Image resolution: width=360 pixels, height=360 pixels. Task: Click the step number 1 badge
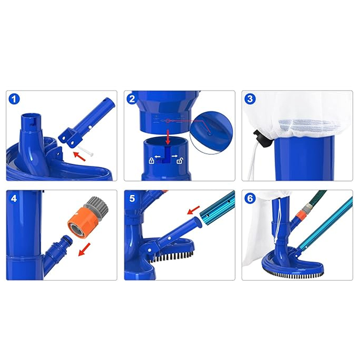tap(14, 99)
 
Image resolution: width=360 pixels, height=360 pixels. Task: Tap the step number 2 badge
tap(132, 99)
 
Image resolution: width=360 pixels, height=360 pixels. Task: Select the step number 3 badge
tap(250, 99)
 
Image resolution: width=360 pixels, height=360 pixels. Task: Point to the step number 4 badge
tap(14, 198)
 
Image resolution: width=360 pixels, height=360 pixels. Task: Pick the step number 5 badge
tap(132, 198)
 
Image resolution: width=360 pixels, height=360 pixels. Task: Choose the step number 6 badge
tap(250, 198)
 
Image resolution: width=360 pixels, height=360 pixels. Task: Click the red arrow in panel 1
tap(80, 156)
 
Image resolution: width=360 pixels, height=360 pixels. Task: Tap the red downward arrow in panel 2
tap(168, 137)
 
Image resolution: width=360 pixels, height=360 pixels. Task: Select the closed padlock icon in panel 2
tap(151, 161)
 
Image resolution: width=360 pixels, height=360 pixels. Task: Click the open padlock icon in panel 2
tap(180, 161)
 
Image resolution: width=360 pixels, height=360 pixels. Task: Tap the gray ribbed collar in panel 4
tap(97, 206)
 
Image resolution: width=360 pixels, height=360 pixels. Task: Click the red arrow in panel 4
tap(84, 250)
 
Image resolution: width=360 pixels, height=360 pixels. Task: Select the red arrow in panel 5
tap(193, 210)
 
